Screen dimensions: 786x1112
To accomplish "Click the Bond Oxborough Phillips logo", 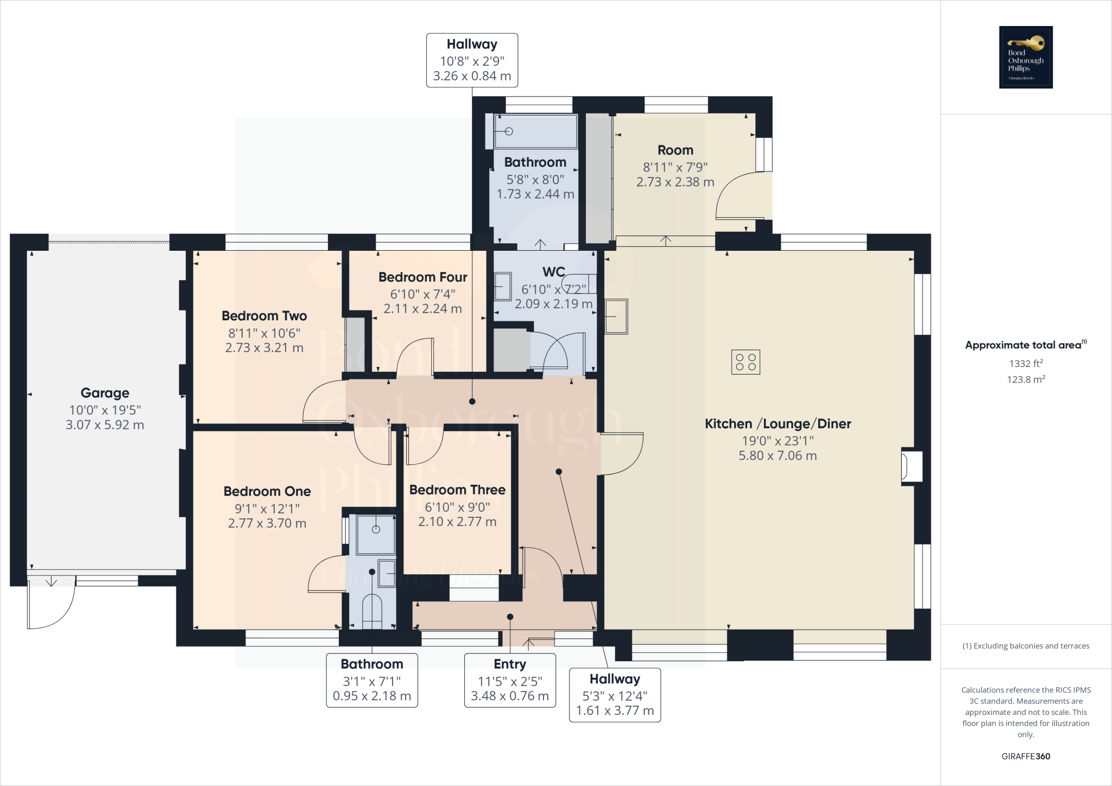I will (x=1026, y=57).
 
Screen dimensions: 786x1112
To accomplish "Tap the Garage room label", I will (x=105, y=393).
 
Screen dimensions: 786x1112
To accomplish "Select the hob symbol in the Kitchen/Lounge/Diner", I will (x=745, y=362).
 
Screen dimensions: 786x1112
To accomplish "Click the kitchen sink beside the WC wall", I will (x=616, y=316).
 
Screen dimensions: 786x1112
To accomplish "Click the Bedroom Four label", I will (x=422, y=277).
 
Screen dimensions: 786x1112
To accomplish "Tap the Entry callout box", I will (x=510, y=680).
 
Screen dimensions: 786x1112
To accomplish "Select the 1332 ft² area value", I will (x=1026, y=364).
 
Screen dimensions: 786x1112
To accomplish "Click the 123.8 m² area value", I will (x=1026, y=379).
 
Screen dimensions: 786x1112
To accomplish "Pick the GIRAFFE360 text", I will (x=1026, y=756).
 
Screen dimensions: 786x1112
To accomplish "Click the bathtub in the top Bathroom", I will (x=535, y=131).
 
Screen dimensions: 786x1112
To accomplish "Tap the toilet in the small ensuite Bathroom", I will (x=372, y=611).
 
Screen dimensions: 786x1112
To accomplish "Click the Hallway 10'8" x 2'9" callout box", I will (x=472, y=60).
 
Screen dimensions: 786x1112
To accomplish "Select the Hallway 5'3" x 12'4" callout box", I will (x=615, y=695).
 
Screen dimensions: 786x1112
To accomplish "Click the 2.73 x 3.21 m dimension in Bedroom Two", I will (x=264, y=348).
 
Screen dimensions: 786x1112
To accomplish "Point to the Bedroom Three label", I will (x=457, y=490).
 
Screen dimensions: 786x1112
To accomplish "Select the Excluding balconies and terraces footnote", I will (x=1026, y=646).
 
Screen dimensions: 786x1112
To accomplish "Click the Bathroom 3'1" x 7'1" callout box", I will (x=372, y=680).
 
